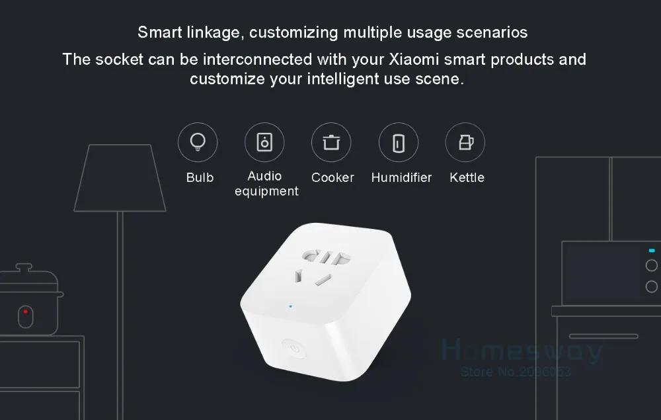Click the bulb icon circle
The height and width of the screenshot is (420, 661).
[197, 142]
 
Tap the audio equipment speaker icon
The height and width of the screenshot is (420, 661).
[264, 142]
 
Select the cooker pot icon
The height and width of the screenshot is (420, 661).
[331, 142]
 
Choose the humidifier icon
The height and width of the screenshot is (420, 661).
[398, 142]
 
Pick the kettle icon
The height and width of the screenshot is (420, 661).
[465, 142]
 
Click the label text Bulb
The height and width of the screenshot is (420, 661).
[200, 177]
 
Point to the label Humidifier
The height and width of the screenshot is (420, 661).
[401, 177]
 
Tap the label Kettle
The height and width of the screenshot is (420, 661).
[467, 177]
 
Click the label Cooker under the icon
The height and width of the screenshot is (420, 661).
[332, 177]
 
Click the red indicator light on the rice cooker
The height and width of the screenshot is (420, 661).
[25, 311]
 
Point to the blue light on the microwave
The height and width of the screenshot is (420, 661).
[652, 251]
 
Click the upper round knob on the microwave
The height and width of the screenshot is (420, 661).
[652, 266]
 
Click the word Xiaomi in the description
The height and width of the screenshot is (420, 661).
[410, 60]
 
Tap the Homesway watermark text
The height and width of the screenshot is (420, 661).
[522, 351]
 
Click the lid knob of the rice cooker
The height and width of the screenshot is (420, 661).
[24, 267]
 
